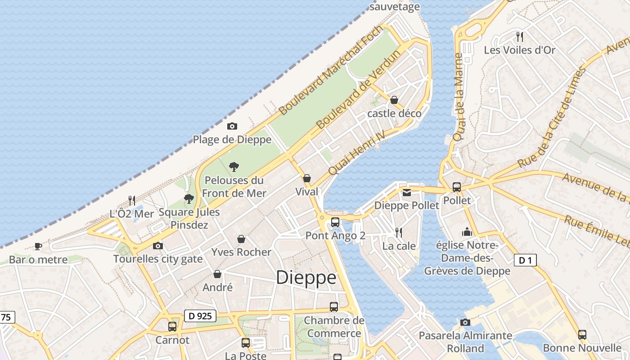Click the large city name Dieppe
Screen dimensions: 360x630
306,278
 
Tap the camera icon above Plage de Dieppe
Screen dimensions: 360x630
232,126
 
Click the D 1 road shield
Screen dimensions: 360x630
525,260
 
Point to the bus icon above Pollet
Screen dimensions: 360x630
457,187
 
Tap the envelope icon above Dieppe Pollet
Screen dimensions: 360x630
407,193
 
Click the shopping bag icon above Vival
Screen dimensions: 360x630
307,178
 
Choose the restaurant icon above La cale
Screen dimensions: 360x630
399,233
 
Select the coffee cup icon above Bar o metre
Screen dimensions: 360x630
38,246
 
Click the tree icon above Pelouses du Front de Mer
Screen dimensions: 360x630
234,167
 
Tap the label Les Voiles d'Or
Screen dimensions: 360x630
520,50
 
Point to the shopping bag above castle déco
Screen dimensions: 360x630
394,100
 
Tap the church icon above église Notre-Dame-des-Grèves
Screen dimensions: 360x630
467,232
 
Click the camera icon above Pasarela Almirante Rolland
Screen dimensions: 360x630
465,322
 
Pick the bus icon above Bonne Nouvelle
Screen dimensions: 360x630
582,334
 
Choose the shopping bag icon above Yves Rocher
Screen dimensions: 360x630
241,238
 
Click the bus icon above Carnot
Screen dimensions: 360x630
172,327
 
